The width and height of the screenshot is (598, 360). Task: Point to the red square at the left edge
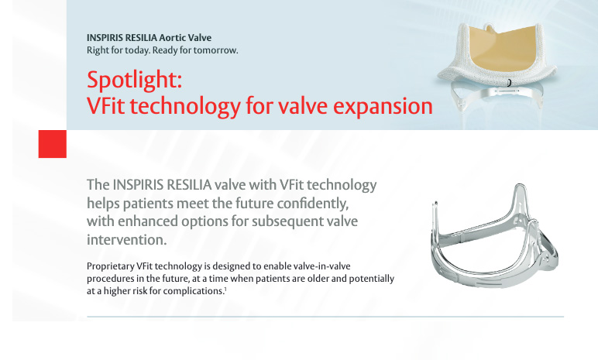(52, 144)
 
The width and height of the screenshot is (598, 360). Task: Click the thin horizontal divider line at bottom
(325, 316)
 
